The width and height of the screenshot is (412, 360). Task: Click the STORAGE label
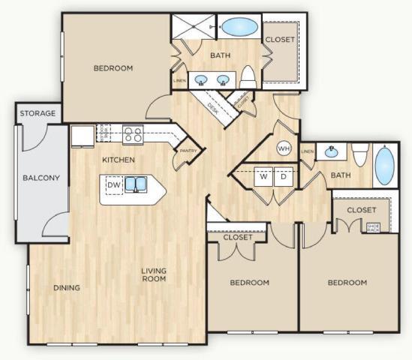tap(38, 113)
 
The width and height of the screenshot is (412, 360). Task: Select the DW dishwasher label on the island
tap(113, 184)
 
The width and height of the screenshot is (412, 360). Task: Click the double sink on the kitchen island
tap(136, 184)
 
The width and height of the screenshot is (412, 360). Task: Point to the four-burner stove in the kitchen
tap(133, 134)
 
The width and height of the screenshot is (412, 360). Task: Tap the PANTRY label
tap(186, 151)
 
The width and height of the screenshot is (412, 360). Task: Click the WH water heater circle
tap(284, 148)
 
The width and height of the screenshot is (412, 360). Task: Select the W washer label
tap(263, 177)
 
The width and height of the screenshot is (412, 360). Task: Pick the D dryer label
tap(283, 177)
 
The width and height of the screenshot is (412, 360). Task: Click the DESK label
tap(212, 106)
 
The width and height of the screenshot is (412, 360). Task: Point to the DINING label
tap(67, 288)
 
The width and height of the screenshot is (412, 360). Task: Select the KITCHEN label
tap(119, 160)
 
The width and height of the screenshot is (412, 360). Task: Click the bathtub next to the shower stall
tap(238, 28)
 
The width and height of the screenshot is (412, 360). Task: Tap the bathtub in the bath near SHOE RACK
tap(383, 166)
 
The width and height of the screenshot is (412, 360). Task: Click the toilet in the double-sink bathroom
tap(248, 76)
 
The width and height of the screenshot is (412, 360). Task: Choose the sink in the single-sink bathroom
tap(331, 151)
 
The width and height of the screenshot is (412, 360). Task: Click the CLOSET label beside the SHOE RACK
tap(361, 210)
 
